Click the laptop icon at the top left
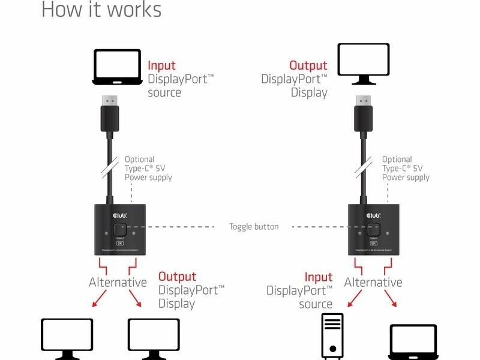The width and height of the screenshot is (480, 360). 117,67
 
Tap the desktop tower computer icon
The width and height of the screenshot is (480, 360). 332,336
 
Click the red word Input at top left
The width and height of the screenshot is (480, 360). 162,66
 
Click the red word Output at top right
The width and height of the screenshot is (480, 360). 308,66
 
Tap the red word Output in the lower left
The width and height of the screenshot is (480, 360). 177,277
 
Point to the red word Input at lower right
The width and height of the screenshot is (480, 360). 318,277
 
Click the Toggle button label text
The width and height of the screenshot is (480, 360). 254,227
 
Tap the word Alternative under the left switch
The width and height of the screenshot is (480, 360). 118,283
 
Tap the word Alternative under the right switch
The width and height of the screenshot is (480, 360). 373,283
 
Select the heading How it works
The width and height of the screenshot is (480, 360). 101,10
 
